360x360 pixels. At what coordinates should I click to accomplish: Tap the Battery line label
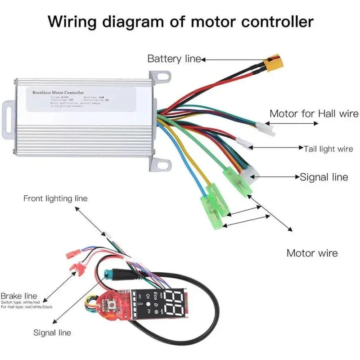174,58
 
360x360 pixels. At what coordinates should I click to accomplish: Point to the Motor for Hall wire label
314,113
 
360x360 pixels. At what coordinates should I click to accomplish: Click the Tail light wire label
328,148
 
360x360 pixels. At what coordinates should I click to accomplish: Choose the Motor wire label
312,253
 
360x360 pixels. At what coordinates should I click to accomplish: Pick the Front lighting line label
55,198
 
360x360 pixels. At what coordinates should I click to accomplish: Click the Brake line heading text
18,296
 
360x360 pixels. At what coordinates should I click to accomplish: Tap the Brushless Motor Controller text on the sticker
58,92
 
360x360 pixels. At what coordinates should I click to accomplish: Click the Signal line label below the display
52,333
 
